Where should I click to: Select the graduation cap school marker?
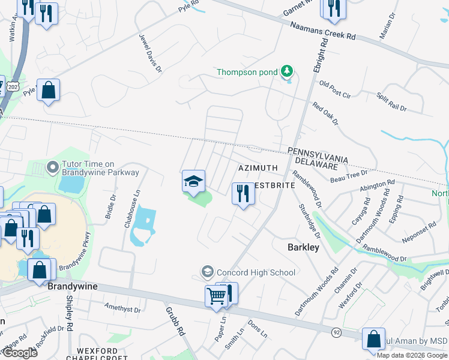point(193,181)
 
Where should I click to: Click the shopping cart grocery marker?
point(216,295)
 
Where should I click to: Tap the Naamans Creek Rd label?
point(322,31)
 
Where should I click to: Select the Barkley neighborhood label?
point(303,247)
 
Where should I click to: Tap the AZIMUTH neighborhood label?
point(258,168)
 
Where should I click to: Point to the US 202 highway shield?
point(12,88)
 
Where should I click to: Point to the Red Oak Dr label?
point(325,113)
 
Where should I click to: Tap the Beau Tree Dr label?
point(349,176)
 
